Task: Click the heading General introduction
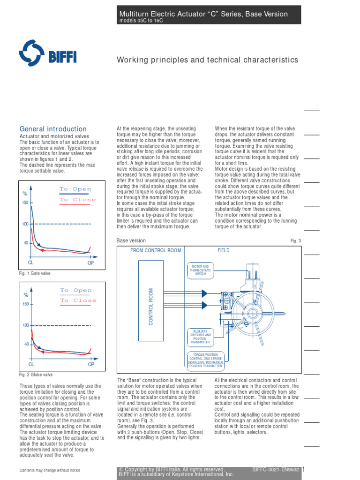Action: pyautogui.click(x=53, y=129)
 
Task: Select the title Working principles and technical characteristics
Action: pyautogui.click(x=207, y=60)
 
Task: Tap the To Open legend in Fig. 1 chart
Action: pyautogui.click(x=75, y=189)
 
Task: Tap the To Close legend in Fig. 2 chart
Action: pyautogui.click(x=78, y=300)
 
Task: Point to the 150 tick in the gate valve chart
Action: pyautogui.click(x=25, y=203)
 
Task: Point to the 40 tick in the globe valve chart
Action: pyautogui.click(x=26, y=345)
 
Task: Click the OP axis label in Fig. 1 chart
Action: pyautogui.click(x=91, y=263)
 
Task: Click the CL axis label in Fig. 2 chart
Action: pyautogui.click(x=31, y=364)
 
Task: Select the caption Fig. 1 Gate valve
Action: pyautogui.click(x=35, y=273)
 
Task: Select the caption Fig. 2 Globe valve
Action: pyautogui.click(x=36, y=375)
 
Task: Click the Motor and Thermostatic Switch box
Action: pyautogui.click(x=200, y=270)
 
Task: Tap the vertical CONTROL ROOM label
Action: pyautogui.click(x=151, y=307)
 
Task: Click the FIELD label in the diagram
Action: pyautogui.click(x=224, y=250)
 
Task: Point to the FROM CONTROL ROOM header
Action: pyautogui.click(x=156, y=250)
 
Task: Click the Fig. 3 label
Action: pyautogui.click(x=295, y=241)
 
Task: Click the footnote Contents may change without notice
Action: pyautogui.click(x=50, y=471)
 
